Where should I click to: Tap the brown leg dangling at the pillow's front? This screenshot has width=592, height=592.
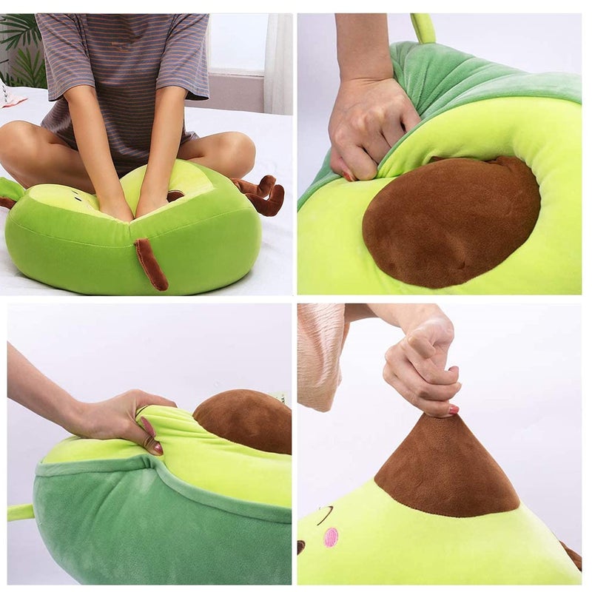pos(151,263)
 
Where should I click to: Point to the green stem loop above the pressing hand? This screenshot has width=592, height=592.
pos(423,28)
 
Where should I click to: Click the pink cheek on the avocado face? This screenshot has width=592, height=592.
pos(331,536)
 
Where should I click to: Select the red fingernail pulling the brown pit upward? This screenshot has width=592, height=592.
pos(453,408)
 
